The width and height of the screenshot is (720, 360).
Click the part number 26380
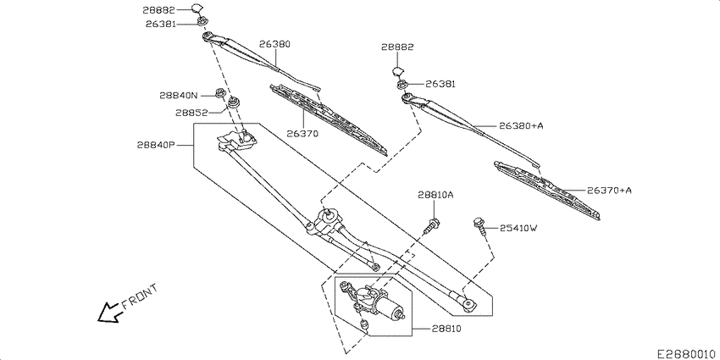point(274,43)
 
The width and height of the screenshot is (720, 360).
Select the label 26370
point(302,133)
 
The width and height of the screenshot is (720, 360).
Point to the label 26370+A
point(609,191)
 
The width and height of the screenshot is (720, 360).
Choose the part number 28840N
point(179,96)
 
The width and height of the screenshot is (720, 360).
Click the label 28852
point(192,113)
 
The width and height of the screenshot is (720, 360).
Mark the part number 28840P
point(155,145)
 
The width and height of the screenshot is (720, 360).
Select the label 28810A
point(435,195)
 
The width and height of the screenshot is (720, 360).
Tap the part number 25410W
point(518,228)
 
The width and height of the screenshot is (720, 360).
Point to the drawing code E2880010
point(685,350)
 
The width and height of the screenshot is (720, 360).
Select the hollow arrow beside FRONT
point(108,314)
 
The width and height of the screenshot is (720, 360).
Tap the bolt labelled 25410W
point(479,224)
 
